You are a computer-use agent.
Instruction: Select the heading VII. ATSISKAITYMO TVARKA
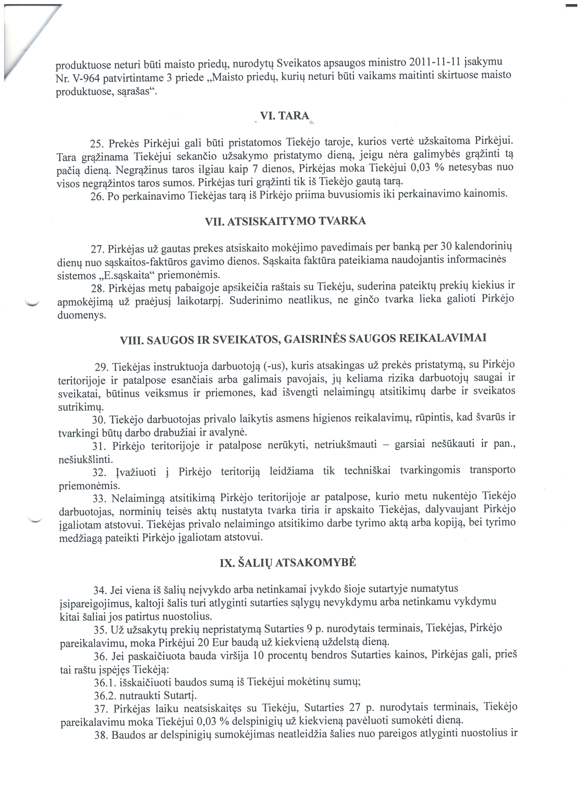(285, 221)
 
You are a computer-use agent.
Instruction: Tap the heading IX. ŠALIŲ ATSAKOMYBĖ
(288, 563)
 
